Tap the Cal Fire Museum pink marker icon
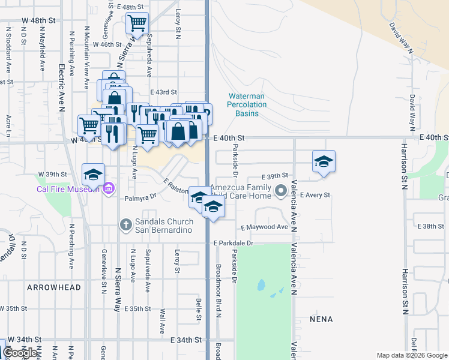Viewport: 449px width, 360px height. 108,190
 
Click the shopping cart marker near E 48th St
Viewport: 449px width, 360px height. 137,24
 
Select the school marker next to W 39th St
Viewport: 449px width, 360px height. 93,175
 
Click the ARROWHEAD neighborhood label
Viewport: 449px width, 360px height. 54,287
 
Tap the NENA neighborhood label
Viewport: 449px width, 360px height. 321,319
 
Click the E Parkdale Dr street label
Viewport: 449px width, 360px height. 234,243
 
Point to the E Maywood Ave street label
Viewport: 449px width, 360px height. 265,227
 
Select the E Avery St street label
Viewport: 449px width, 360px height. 316,196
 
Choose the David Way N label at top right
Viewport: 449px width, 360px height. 402,38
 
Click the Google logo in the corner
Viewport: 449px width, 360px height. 20,353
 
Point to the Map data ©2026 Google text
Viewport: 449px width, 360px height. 411,355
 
